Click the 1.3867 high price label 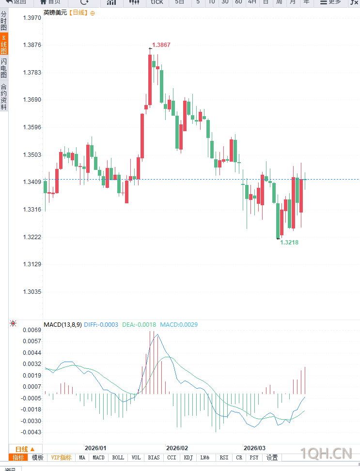pos(161,45)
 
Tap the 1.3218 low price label pos(289,242)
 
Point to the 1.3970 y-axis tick pos(32,17)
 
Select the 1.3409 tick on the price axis pos(32,182)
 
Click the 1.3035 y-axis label pos(32,292)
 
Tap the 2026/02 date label pos(176,448)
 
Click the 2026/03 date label pos(254,448)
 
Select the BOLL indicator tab pos(118,457)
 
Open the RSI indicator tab pos(224,457)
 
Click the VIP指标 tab pos(61,457)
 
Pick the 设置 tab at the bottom pos(272,457)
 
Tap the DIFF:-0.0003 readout pos(101,324)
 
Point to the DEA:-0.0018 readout pos(139,324)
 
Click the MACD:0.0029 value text pos(179,324)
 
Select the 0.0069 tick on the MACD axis pos(32,330)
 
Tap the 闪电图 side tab pos(4,68)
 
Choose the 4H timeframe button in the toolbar pos(252,2)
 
